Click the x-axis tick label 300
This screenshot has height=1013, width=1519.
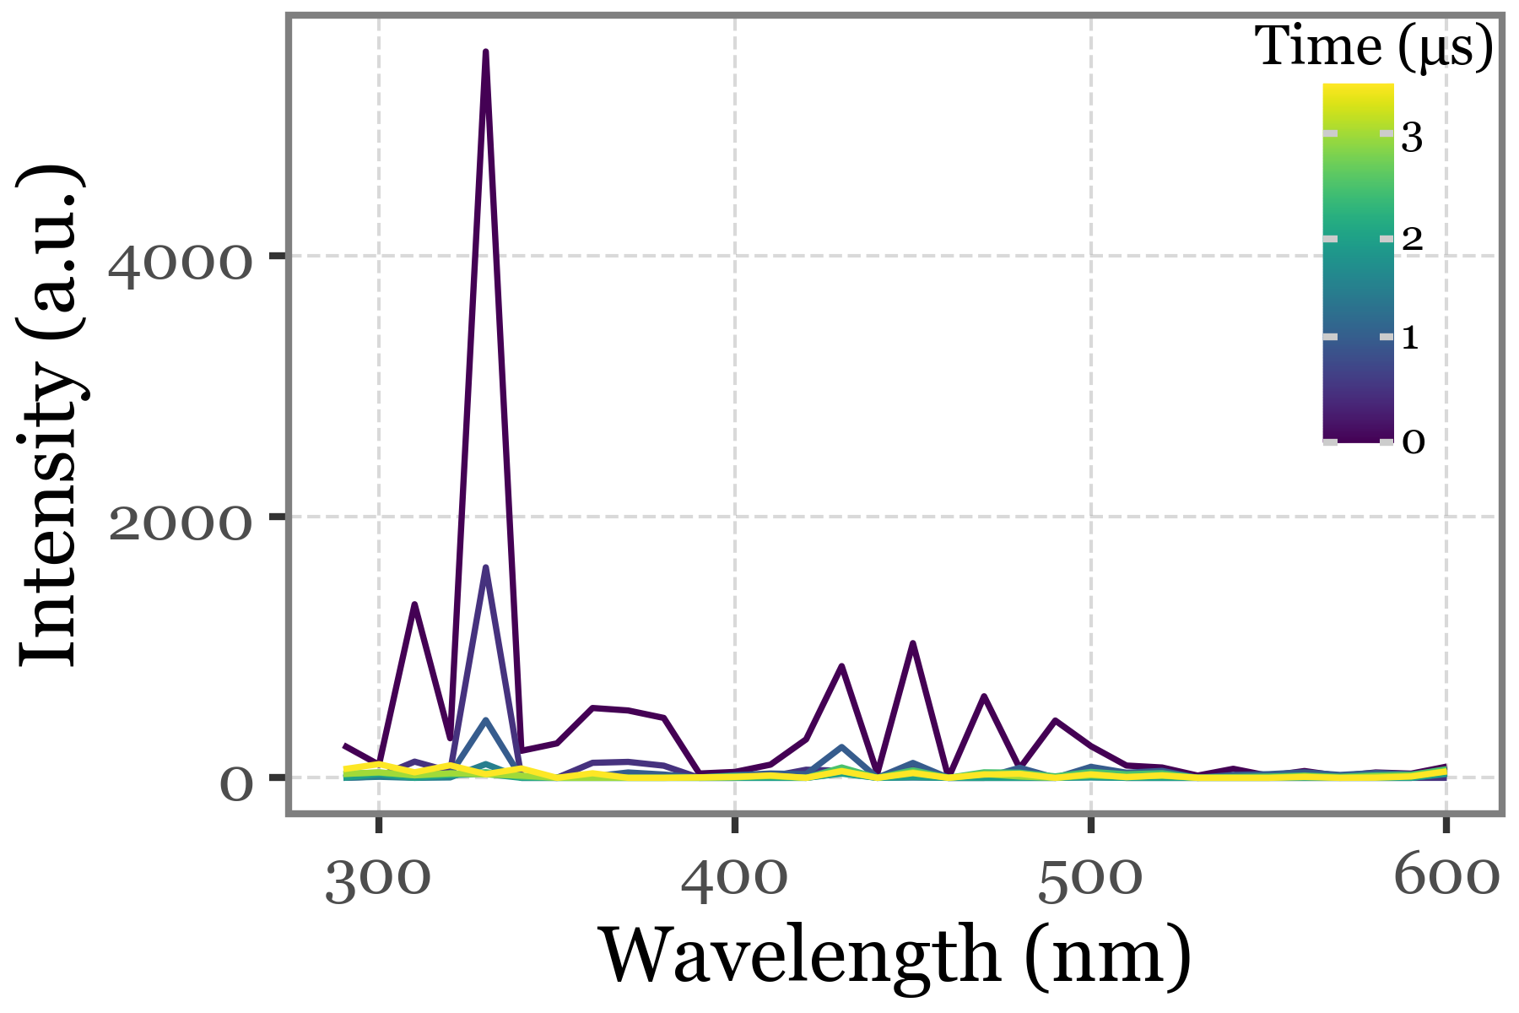pos(377,880)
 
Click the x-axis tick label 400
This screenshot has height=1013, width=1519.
pos(734,880)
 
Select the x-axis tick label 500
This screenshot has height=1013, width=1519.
pos(1090,880)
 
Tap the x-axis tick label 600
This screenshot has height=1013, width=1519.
pos(1446,880)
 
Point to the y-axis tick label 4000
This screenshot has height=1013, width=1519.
pos(180,268)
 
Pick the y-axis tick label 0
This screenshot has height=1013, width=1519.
pos(236,784)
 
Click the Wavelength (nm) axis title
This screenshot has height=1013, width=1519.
pos(895,958)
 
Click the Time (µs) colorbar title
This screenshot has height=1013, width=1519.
pos(1374,47)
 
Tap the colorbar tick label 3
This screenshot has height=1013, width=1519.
pos(1412,137)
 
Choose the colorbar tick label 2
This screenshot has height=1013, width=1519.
pos(1412,240)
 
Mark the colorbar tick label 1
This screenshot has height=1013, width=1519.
pos(1410,339)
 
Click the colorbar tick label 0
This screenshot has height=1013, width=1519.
pos(1413,441)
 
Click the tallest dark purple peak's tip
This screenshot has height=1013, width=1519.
pos(486,52)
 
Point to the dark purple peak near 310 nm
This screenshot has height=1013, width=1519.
pos(414,604)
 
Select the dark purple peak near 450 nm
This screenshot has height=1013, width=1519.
pos(913,643)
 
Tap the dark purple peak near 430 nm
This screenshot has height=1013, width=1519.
pos(841,666)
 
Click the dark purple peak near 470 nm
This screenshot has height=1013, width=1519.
pos(984,696)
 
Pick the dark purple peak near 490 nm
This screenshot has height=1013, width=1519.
pos(1056,720)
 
